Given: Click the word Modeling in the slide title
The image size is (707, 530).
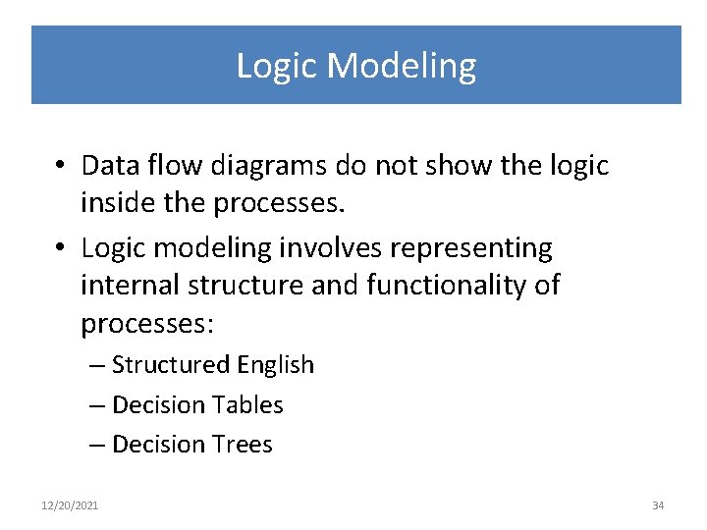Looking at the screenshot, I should [x=402, y=66].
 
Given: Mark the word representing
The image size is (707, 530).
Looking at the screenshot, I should [x=468, y=247].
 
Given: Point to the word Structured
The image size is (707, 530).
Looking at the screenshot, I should [x=170, y=365].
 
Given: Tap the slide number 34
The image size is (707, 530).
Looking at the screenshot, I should [x=658, y=505].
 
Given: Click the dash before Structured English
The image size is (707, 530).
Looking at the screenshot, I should [x=97, y=365].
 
